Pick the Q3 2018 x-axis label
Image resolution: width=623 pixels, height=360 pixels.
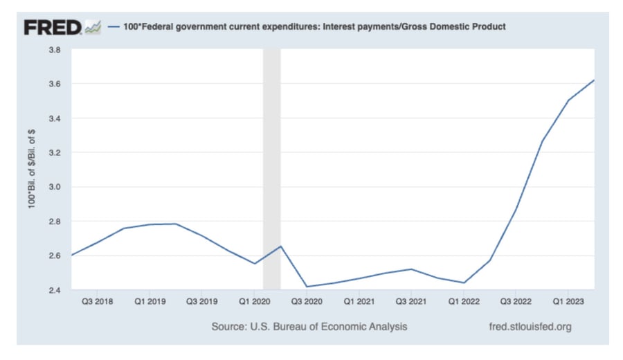point(98,303)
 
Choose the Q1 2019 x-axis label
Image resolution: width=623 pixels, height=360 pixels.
point(150,303)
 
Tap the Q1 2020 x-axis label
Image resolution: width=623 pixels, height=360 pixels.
point(254,303)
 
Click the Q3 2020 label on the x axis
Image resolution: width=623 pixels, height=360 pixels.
point(307,303)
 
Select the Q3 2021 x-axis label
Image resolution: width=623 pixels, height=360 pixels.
point(411,303)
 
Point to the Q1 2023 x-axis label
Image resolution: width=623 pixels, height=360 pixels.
point(568,303)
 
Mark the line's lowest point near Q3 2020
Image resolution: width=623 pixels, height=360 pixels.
point(307,287)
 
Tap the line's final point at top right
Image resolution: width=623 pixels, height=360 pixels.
point(594,80)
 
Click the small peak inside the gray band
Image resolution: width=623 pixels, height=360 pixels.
point(280,246)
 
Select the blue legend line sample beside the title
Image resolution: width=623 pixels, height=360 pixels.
point(115,27)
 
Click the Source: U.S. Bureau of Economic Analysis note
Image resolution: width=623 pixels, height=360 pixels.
point(309,326)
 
